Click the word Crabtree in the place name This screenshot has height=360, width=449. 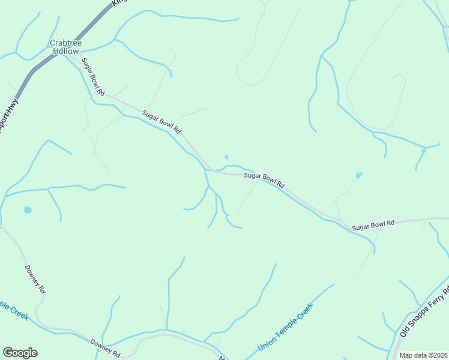pos(65,43)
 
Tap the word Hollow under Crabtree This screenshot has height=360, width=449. pos(65,51)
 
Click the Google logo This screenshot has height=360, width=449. pos(20,353)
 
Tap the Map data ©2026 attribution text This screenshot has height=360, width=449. pos(423,355)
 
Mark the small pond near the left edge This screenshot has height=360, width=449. pos(27,211)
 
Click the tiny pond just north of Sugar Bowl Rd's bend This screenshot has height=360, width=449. pos(226,157)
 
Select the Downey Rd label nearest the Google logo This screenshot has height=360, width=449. pos(106,346)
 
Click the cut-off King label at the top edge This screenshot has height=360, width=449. pos(121,2)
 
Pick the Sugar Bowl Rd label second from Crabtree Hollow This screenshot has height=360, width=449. pos(161,121)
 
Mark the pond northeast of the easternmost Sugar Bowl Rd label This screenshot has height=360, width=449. pos(359,175)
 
